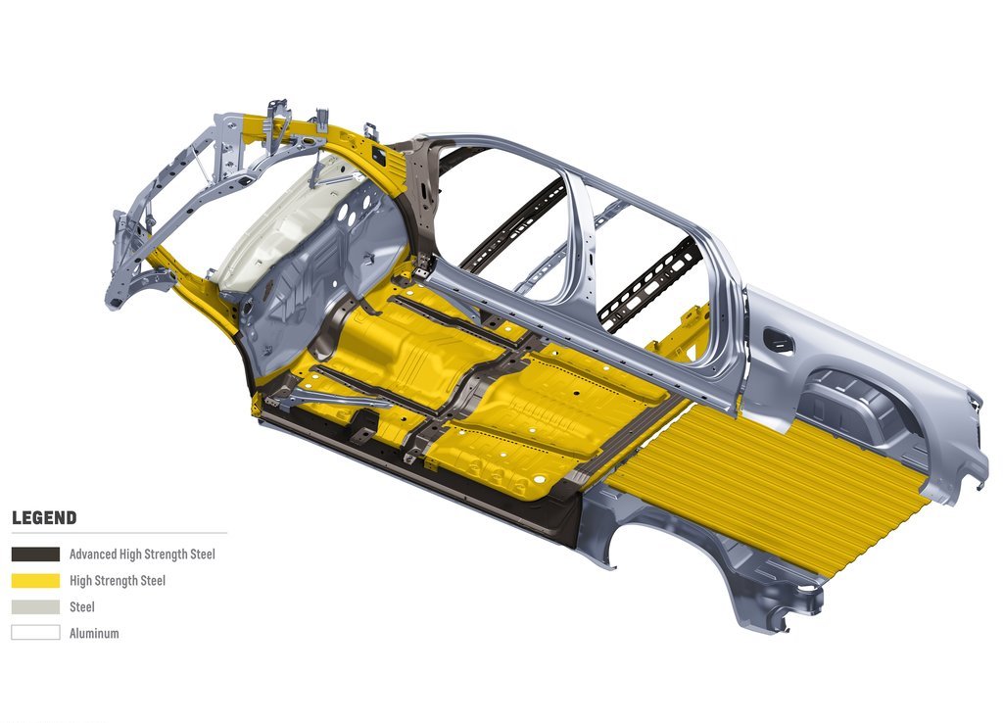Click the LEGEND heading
coord(44,517)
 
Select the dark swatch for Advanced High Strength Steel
coord(36,554)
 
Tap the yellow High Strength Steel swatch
coord(36,580)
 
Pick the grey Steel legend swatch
coord(36,606)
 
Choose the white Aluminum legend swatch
coord(36,633)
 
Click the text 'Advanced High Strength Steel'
coord(142,554)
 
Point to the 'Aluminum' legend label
coord(94,634)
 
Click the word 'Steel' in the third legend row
coord(82,606)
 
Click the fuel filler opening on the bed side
coord(779,341)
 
